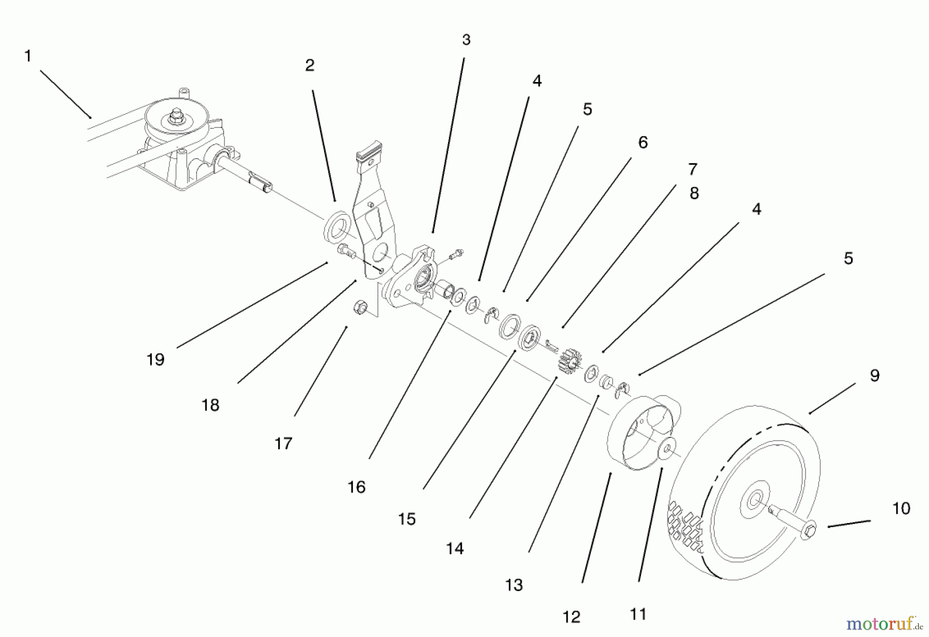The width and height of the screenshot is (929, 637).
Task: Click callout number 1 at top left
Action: [28, 56]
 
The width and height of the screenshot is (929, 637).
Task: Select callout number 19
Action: [155, 360]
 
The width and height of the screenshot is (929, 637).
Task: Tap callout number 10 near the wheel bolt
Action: [901, 509]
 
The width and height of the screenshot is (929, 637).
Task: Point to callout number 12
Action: [571, 617]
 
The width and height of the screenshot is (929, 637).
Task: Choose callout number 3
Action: [466, 40]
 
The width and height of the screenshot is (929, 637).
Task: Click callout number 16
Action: [356, 487]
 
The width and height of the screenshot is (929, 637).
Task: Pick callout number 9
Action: [874, 375]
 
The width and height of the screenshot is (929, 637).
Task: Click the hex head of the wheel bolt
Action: [809, 530]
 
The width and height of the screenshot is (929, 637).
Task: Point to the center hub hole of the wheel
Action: [755, 499]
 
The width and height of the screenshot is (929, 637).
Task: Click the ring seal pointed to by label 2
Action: [338, 225]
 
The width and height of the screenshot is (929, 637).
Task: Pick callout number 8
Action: [694, 193]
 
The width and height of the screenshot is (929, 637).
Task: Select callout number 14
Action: [454, 549]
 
